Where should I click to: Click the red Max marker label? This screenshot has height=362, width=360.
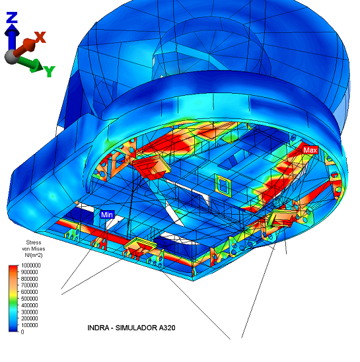(x=310, y=151)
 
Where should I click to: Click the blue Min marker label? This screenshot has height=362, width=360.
(x=107, y=215)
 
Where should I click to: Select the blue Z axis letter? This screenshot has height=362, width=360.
(x=12, y=18)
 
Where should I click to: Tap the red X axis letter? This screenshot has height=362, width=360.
(x=40, y=38)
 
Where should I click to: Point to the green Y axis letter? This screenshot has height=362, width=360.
(x=50, y=71)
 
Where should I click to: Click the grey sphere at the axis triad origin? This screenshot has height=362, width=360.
(x=11, y=57)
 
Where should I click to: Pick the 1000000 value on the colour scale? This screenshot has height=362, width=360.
(x=30, y=266)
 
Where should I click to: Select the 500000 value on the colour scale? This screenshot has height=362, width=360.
(x=29, y=299)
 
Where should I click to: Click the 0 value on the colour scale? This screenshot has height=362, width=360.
(x=22, y=332)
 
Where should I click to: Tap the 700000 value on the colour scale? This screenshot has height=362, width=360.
(x=29, y=285)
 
